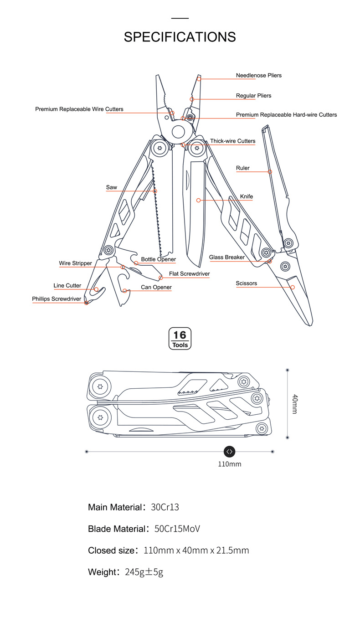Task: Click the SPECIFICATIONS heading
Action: click(x=180, y=37)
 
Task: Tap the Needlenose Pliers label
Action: click(x=258, y=75)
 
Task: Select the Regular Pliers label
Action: click(x=253, y=96)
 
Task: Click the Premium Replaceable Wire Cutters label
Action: click(x=79, y=109)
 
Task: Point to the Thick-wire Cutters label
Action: click(x=232, y=141)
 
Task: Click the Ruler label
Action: click(x=242, y=168)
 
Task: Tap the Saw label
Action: click(x=111, y=187)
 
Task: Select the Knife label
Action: click(x=246, y=196)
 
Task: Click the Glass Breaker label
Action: click(x=226, y=257)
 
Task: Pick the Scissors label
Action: click(x=246, y=283)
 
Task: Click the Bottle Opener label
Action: click(x=158, y=259)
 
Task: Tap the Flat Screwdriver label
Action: click(x=189, y=274)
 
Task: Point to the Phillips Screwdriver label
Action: click(x=57, y=299)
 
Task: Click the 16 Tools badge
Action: click(x=180, y=339)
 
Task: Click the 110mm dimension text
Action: click(x=229, y=464)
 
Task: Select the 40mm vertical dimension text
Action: click(x=294, y=404)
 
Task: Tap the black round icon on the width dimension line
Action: click(x=229, y=451)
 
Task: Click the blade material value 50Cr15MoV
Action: click(x=177, y=529)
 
